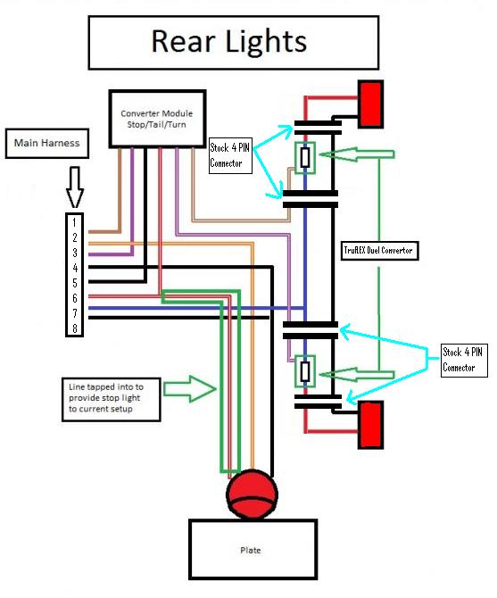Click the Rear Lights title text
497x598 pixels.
pos(229,41)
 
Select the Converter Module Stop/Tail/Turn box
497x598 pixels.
pos(157,119)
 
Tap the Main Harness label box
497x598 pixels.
pos(47,143)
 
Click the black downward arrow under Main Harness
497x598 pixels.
pos(75,187)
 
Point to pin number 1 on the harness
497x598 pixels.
pos(74,222)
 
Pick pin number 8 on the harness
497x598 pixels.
pos(75,328)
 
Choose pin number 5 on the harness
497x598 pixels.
pos(75,283)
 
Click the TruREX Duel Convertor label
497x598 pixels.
pos(379,251)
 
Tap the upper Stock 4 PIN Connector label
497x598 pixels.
pos(230,155)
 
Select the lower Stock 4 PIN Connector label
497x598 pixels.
pos(464,360)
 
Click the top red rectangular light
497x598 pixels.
pos(370,104)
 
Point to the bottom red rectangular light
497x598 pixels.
pos(370,424)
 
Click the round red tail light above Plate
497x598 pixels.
pos(252,494)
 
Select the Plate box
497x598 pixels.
pos(253,549)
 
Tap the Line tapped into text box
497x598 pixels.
pos(111,399)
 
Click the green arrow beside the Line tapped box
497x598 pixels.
pos(190,388)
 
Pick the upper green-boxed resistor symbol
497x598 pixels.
pos(305,157)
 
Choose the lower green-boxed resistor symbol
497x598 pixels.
pos(305,371)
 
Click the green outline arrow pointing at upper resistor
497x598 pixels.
pos(357,154)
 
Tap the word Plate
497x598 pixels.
pos(251,550)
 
